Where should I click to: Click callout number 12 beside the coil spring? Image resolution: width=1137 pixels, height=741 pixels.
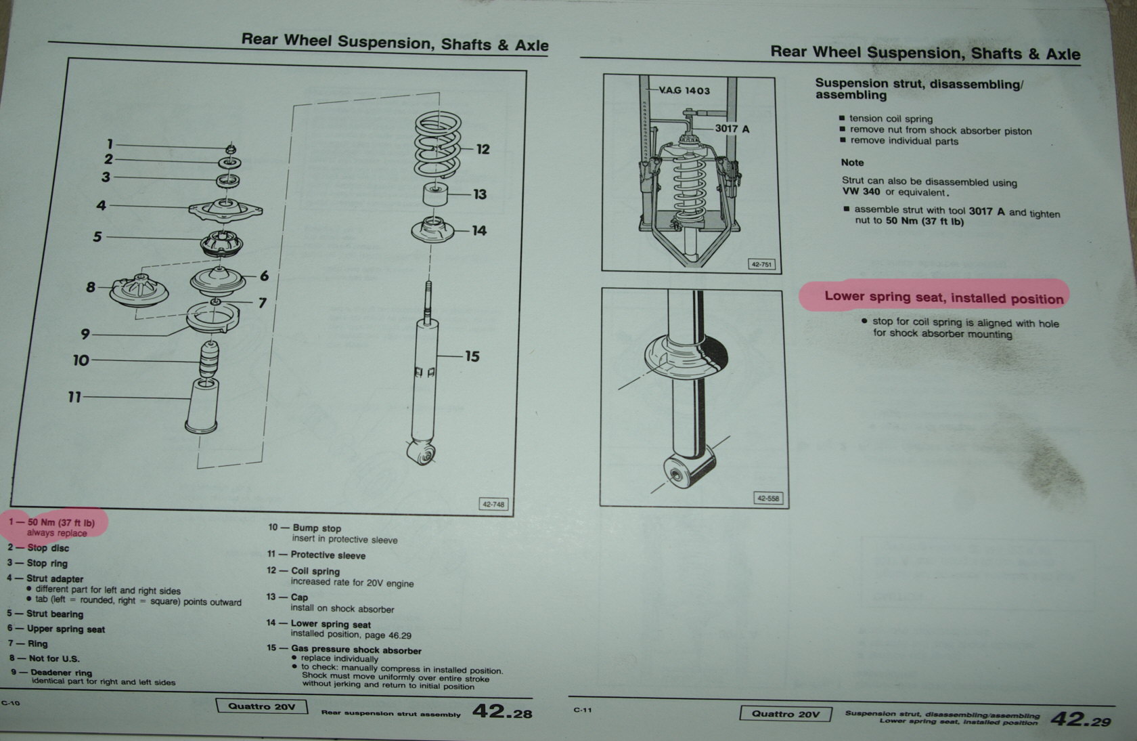click(x=483, y=149)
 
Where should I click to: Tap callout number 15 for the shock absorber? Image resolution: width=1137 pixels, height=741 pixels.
click(x=472, y=356)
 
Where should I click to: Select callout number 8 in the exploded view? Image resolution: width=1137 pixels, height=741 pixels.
click(x=91, y=287)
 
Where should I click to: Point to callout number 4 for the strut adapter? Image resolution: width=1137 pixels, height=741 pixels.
click(x=101, y=205)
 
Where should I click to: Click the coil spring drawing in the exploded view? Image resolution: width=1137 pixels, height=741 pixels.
click(x=438, y=146)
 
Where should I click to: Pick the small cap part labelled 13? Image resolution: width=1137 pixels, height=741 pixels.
click(x=436, y=195)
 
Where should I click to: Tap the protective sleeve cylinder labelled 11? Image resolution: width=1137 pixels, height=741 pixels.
click(x=202, y=406)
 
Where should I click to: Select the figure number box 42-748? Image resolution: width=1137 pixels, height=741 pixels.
click(x=493, y=504)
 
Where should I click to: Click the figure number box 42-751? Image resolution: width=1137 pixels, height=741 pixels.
click(x=761, y=264)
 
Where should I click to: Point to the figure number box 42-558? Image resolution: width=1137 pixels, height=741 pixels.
click(x=767, y=498)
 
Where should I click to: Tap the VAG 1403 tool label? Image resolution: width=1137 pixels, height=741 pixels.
click(x=684, y=90)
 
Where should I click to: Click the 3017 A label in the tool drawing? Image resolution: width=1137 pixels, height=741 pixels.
click(x=732, y=128)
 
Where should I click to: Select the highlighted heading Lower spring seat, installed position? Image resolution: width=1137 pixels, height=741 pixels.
click(x=943, y=297)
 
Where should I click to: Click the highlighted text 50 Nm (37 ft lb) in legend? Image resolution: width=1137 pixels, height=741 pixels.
click(x=61, y=522)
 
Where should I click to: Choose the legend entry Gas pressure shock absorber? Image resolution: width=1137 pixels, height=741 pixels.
click(x=356, y=650)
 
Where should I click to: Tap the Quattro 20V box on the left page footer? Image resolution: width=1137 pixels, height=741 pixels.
click(x=262, y=706)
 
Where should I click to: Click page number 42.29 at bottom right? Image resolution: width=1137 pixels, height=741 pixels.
click(x=1080, y=719)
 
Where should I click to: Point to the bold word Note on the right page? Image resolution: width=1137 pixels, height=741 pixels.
click(x=852, y=163)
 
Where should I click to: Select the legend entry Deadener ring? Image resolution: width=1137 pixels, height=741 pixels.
click(x=61, y=673)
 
